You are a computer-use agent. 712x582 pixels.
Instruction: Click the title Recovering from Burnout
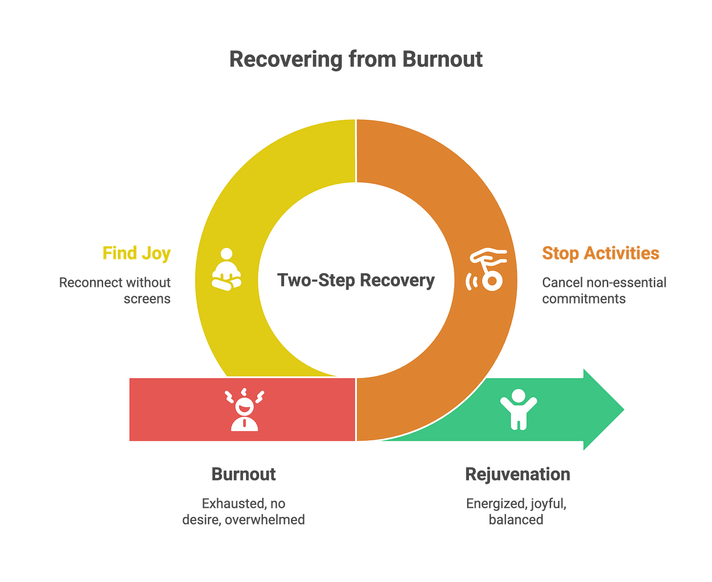[x=356, y=59]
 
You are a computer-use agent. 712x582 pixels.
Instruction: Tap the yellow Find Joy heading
[x=137, y=253]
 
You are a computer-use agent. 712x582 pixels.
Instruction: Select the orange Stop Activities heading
[x=601, y=253]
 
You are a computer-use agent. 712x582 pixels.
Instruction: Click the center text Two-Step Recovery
[x=356, y=280]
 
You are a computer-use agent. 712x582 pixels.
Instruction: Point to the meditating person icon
[x=226, y=270]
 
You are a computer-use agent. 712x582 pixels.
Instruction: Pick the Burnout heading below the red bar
[x=244, y=474]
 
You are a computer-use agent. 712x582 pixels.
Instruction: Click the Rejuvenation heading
[x=517, y=474]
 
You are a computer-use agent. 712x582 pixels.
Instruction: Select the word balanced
[x=516, y=519]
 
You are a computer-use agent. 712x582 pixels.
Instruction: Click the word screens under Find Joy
[x=147, y=298]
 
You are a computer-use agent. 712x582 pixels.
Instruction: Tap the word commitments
[x=583, y=298]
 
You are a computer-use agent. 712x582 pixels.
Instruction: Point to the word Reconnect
[x=90, y=282]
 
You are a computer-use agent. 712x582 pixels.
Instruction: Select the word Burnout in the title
[x=443, y=59]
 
